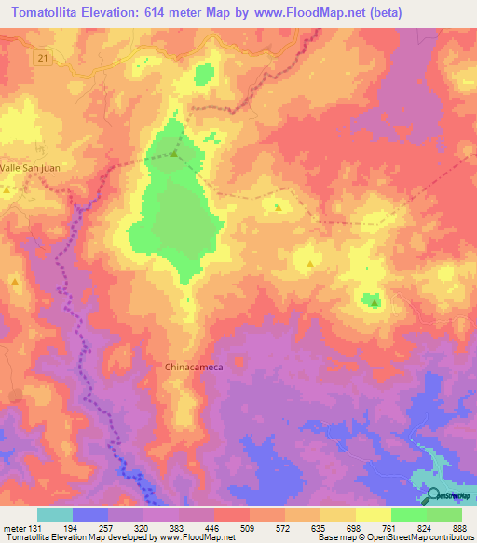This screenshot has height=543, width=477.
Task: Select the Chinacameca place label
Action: coord(194,367)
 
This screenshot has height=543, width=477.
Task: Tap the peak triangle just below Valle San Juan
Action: coord(7,190)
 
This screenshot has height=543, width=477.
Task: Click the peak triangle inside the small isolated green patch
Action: coord(375,301)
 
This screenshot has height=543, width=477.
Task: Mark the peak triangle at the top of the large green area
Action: coord(174,153)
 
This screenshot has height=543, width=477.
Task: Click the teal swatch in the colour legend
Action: coord(55,514)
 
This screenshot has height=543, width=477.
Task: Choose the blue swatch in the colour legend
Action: coord(90,514)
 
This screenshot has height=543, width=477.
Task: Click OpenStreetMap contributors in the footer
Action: coord(425,537)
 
